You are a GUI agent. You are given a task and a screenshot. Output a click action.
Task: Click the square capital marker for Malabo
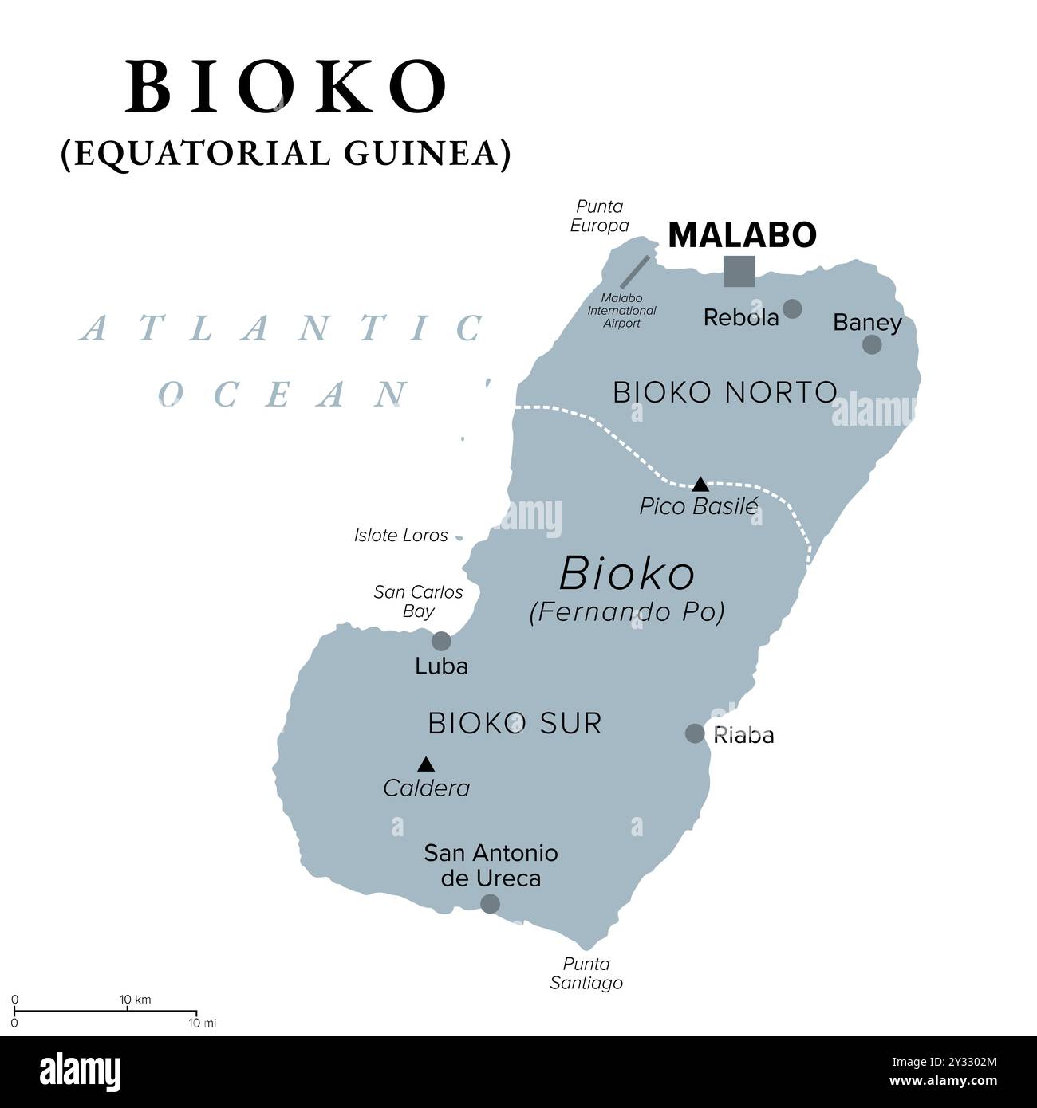pos(739,271)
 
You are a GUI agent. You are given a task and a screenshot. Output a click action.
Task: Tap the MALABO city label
pos(742,234)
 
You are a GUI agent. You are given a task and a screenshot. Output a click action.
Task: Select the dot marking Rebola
pos(792,308)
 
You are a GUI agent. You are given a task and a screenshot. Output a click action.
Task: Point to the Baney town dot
pos(872,344)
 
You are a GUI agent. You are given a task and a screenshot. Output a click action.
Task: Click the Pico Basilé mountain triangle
pos(700,484)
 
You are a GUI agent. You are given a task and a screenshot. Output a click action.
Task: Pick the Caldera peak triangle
pos(426,764)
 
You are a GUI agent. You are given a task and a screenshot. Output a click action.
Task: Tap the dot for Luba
pos(441,641)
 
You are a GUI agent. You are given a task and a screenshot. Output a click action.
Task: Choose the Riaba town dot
pos(695,733)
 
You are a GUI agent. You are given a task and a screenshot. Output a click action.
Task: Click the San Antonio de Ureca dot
pos(490,903)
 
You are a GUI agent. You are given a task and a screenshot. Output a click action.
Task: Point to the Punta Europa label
pos(599,216)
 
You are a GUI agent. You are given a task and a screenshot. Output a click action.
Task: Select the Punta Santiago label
pos(586,973)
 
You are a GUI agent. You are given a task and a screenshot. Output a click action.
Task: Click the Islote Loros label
pos(400,536)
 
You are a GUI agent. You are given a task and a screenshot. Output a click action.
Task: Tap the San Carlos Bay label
pos(418,601)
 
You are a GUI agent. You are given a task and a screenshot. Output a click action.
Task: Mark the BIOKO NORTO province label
pos(724,392)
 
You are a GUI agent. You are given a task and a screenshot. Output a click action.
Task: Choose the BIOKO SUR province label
pos(515,723)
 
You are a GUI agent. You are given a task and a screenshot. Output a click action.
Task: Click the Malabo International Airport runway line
pos(634,272)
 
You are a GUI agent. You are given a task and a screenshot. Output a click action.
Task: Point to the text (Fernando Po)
pos(627,612)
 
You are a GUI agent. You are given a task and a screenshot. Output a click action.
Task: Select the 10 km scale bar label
pos(135,1000)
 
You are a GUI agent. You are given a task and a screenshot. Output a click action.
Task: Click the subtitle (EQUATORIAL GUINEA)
pos(286,153)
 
